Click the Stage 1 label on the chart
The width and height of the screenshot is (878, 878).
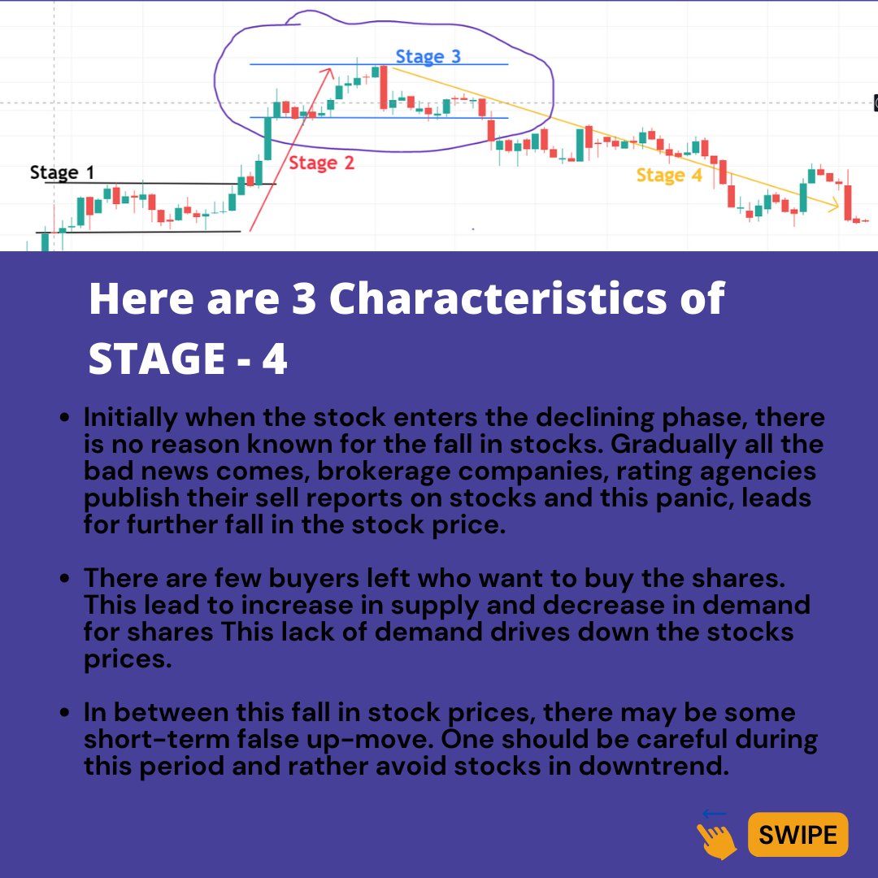click(x=62, y=172)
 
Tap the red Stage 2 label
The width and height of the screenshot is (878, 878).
click(x=321, y=163)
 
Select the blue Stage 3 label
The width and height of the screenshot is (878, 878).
click(x=428, y=57)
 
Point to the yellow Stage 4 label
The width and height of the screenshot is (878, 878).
click(x=668, y=176)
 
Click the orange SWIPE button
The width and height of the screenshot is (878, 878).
click(x=798, y=834)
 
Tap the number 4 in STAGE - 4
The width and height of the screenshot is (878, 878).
click(x=275, y=359)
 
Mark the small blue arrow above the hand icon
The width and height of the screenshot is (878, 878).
click(x=714, y=813)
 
